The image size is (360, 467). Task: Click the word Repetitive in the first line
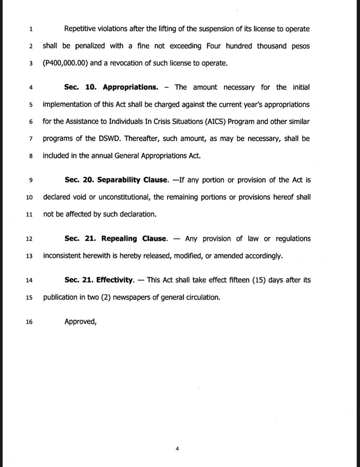[x=84, y=29]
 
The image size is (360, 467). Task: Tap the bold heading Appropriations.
[x=130, y=87]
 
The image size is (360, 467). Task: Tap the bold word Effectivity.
[x=114, y=280]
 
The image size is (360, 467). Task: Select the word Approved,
[x=81, y=321]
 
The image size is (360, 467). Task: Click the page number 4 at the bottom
[x=177, y=449]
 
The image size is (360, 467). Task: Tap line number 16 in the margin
[x=29, y=322]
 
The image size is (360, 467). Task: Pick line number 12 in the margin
[x=29, y=239]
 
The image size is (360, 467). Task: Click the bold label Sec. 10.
[x=81, y=87]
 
